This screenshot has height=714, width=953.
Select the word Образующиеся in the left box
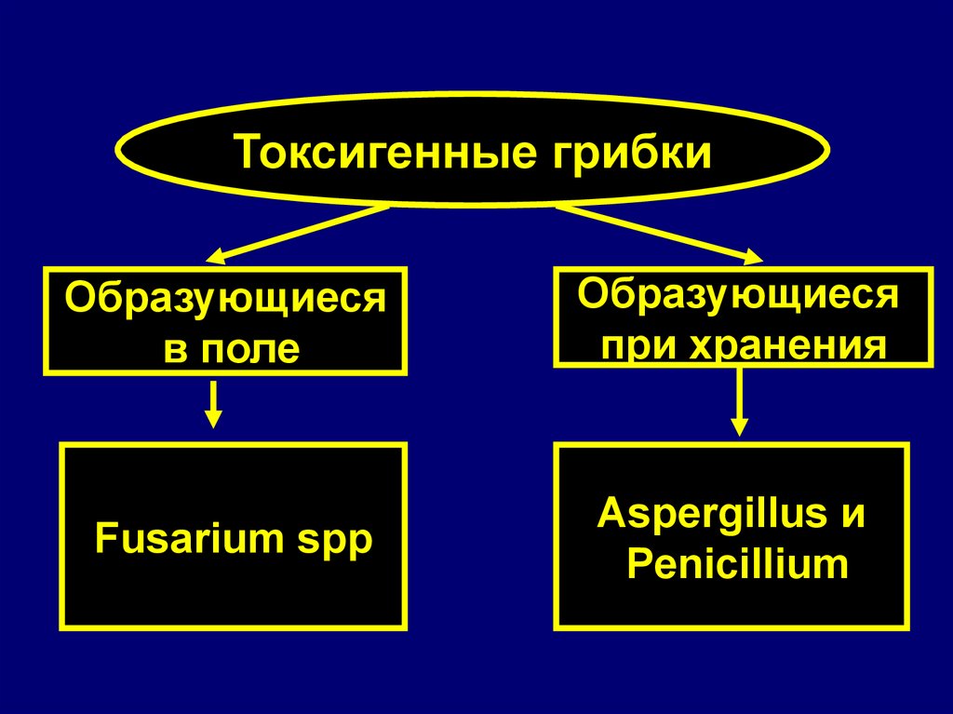tap(224, 300)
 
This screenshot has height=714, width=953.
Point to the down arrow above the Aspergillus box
tap(739, 402)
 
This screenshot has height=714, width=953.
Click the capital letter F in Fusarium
tap(102, 539)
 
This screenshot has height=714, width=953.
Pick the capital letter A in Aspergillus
tap(609, 514)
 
